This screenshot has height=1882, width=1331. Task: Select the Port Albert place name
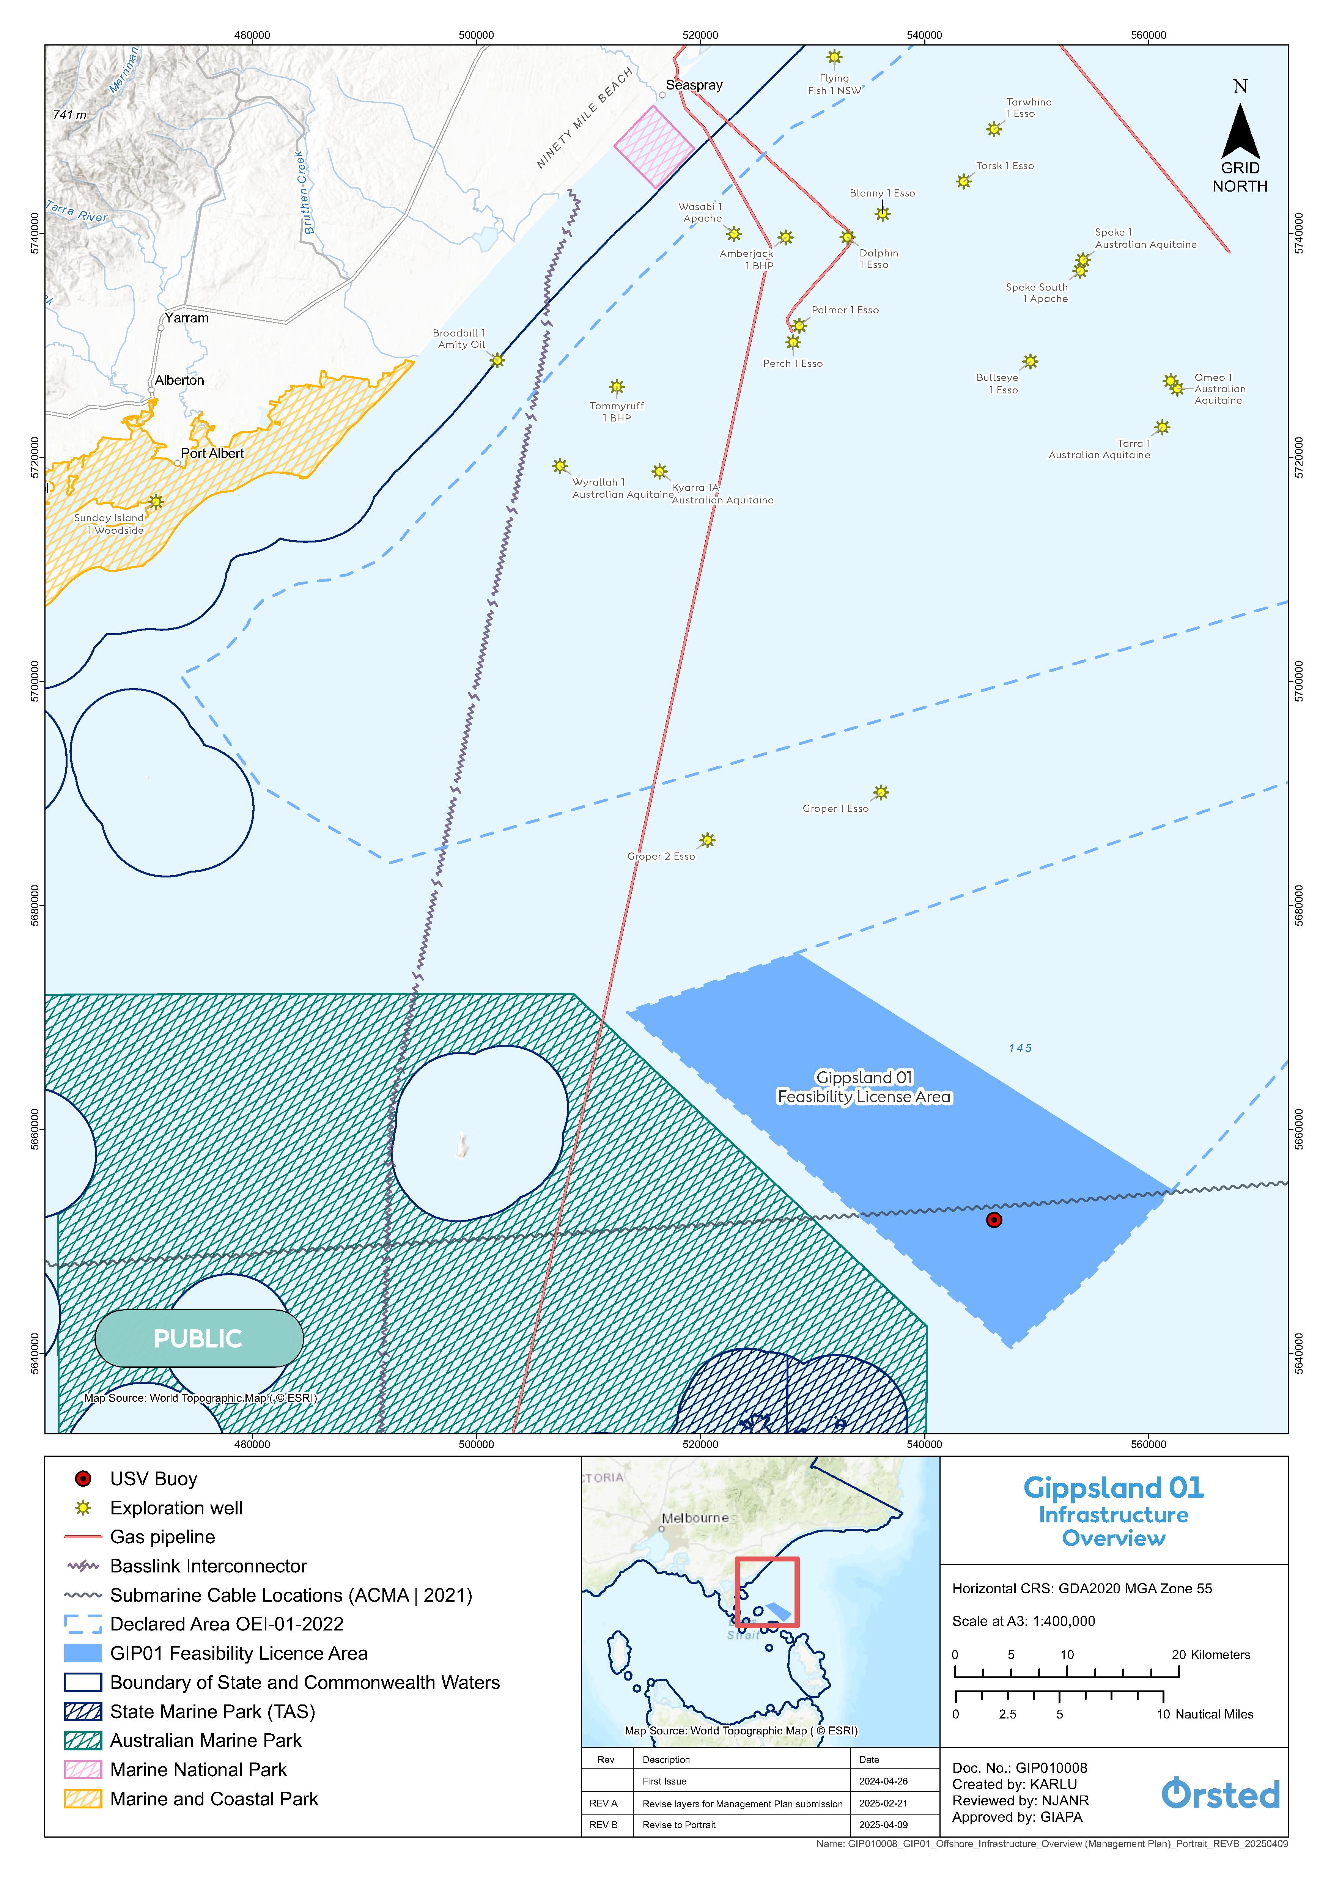coord(212,453)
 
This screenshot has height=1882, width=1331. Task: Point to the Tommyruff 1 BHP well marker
coord(616,387)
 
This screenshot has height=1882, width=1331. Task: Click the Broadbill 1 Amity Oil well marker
coord(497,360)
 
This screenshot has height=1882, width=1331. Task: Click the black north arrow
coord(1240,131)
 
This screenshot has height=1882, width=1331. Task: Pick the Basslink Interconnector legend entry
coord(208,1566)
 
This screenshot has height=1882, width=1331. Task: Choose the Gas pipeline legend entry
coord(162,1537)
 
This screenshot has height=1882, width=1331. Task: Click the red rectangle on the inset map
coord(766,1592)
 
